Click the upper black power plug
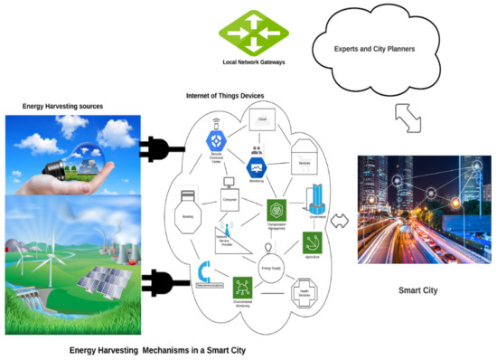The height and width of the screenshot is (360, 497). [x=159, y=147]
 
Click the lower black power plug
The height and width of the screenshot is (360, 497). [x=159, y=282]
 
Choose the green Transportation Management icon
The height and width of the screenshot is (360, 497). [x=277, y=207]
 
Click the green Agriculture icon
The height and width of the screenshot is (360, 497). [x=314, y=242]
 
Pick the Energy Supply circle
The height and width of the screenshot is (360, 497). [x=268, y=265]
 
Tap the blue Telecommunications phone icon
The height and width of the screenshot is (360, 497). [x=204, y=270]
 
